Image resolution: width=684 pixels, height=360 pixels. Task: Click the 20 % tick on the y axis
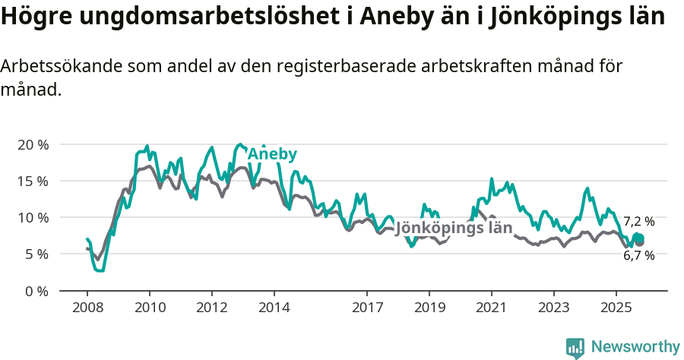pyautogui.click(x=33, y=144)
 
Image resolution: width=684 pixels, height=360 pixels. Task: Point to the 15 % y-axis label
pyautogui.click(x=33, y=181)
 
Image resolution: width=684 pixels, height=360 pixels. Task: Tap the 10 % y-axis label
pyautogui.click(x=33, y=217)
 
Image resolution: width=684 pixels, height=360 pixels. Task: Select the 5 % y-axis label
pyautogui.click(x=36, y=254)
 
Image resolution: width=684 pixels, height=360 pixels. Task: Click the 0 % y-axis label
pyautogui.click(x=36, y=290)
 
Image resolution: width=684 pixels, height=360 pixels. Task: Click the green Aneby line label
pyautogui.click(x=272, y=154)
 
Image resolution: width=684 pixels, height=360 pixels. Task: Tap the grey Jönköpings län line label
pyautogui.click(x=454, y=227)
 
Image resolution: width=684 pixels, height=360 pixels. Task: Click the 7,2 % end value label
pyautogui.click(x=638, y=222)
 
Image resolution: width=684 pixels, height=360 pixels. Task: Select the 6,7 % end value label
pyautogui.click(x=638, y=256)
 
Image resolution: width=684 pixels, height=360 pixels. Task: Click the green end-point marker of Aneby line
pyautogui.click(x=638, y=238)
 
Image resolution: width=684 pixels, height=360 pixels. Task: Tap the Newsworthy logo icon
pyautogui.click(x=575, y=347)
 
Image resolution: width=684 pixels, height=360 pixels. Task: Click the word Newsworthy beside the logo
pyautogui.click(x=635, y=347)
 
